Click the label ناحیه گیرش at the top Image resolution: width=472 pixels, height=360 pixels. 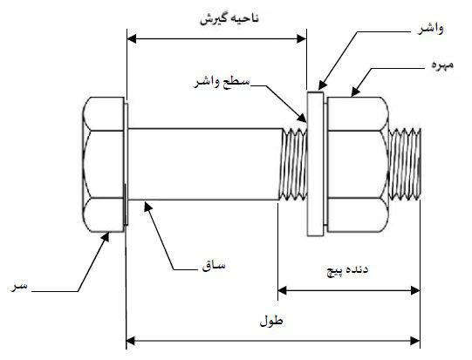(229, 18)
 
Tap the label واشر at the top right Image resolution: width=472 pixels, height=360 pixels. (430, 29)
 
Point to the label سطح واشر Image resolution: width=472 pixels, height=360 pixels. (222, 82)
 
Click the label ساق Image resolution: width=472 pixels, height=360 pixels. (214, 265)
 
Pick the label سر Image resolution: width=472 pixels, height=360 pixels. (18, 286)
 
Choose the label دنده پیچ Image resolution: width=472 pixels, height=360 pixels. (348, 270)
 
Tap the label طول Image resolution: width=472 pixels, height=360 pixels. (271, 321)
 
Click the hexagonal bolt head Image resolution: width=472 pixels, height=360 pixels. (104, 164)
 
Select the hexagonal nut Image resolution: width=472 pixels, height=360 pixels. (358, 164)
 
